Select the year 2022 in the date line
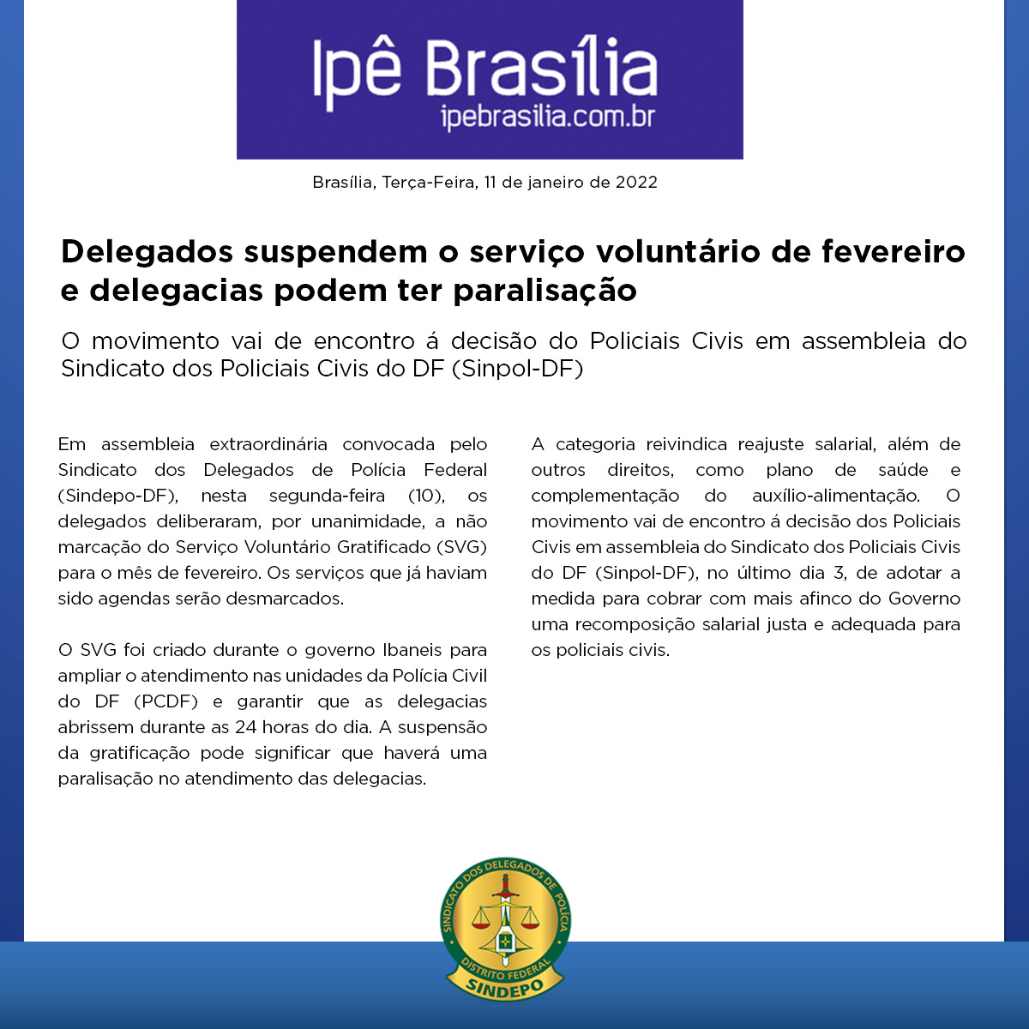[636, 183]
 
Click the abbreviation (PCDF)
[166, 701]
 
